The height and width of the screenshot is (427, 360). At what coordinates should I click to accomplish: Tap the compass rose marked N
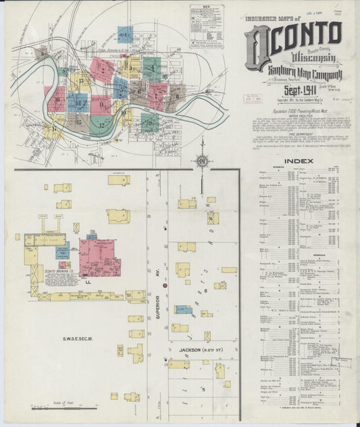click(x=201, y=161)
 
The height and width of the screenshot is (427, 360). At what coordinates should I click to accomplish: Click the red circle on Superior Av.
click(x=163, y=286)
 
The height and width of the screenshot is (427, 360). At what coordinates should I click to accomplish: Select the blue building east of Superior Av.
click(x=182, y=309)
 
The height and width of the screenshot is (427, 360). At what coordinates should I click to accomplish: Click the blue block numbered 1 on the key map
click(x=124, y=35)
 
